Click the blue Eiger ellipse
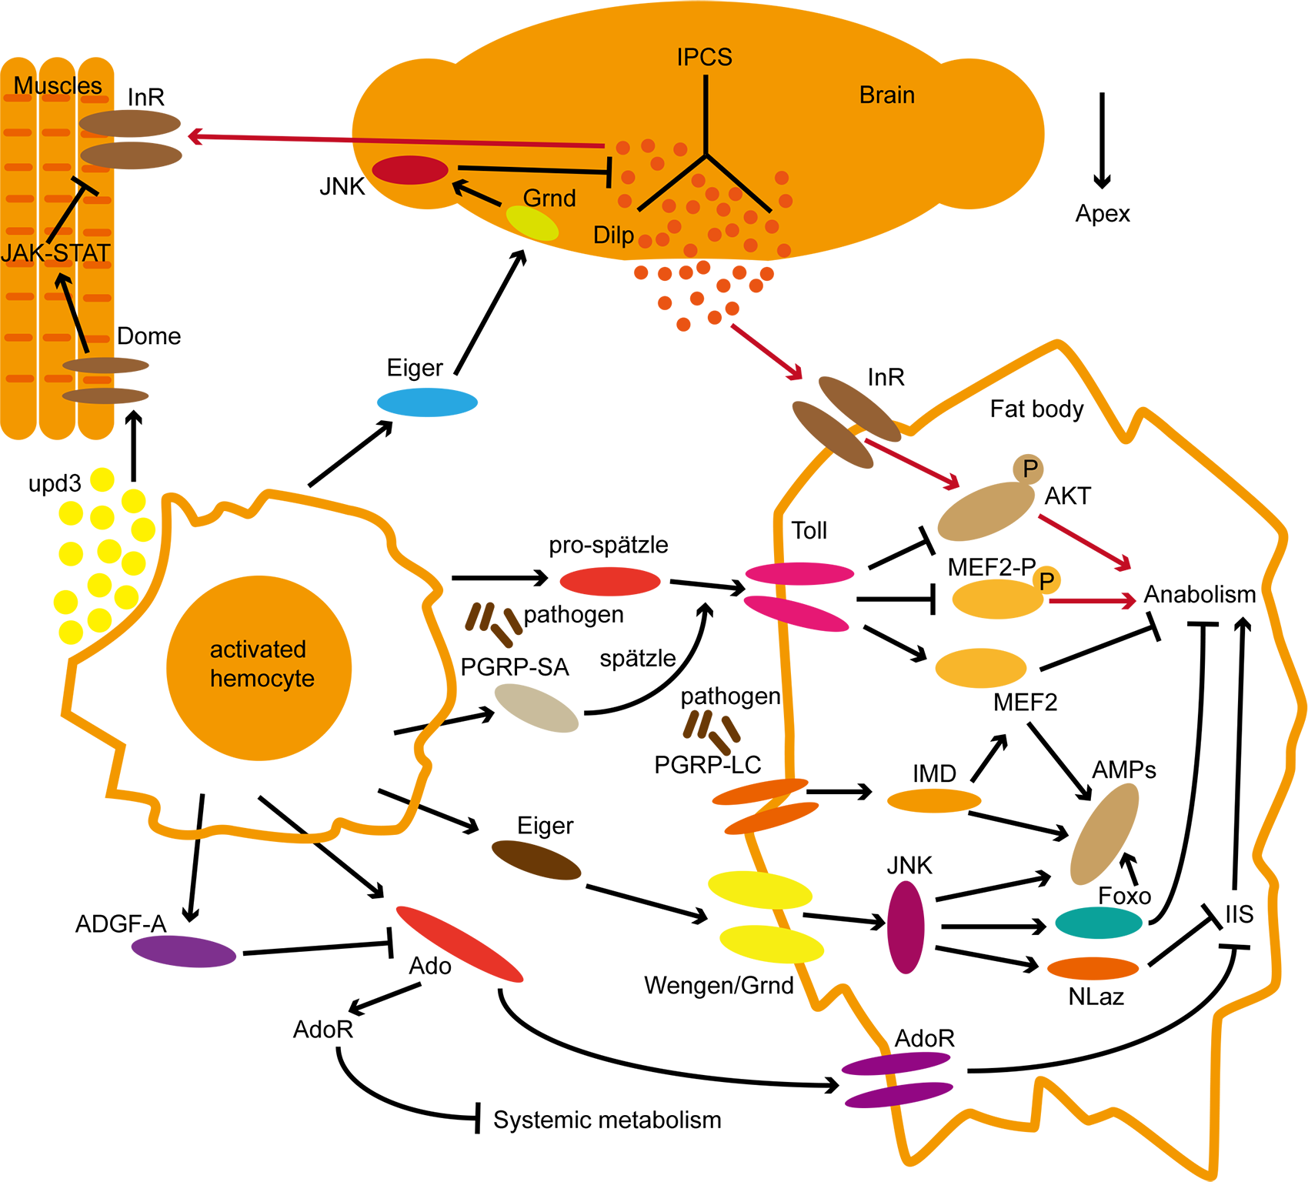coord(427,402)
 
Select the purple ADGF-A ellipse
coord(183,951)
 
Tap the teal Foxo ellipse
coord(1098,922)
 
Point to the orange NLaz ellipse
coord(1093,968)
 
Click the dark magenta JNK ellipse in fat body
coord(906,927)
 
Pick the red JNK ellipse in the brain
coord(410,170)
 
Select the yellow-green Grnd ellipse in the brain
coord(532,223)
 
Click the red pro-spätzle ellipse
coord(609,581)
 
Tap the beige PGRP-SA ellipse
coord(536,708)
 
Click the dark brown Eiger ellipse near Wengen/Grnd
coord(536,860)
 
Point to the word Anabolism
coord(1200,594)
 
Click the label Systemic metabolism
coord(607,1120)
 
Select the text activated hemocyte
coord(261,663)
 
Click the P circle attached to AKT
coord(1029,468)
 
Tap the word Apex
coord(1102,213)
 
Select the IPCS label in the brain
coord(704,57)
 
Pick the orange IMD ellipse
coord(934,801)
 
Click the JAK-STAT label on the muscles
coord(55,252)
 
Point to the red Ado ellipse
coord(459,944)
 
